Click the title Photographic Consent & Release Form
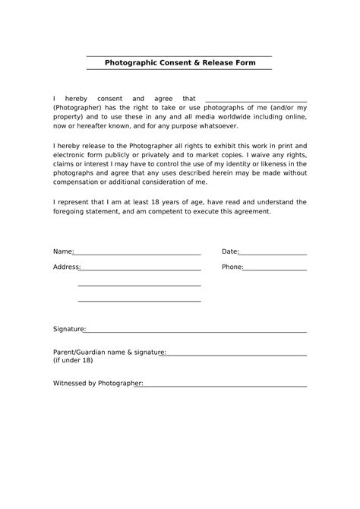coord(180,62)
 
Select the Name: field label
coord(63,251)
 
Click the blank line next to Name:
coord(137,254)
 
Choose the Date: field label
coord(230,251)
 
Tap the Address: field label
coord(66,267)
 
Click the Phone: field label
coord(232,267)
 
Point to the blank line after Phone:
coord(276,270)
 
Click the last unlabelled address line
coord(139,301)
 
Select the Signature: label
coord(69,330)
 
